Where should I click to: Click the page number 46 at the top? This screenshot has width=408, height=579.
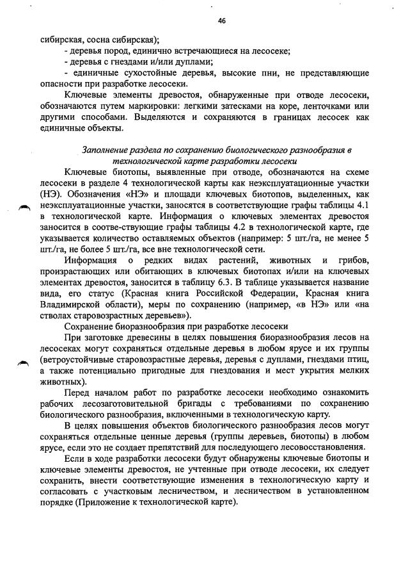221,20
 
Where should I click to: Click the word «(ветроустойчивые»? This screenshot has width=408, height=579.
75,360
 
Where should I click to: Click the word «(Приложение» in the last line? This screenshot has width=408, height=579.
102,502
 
